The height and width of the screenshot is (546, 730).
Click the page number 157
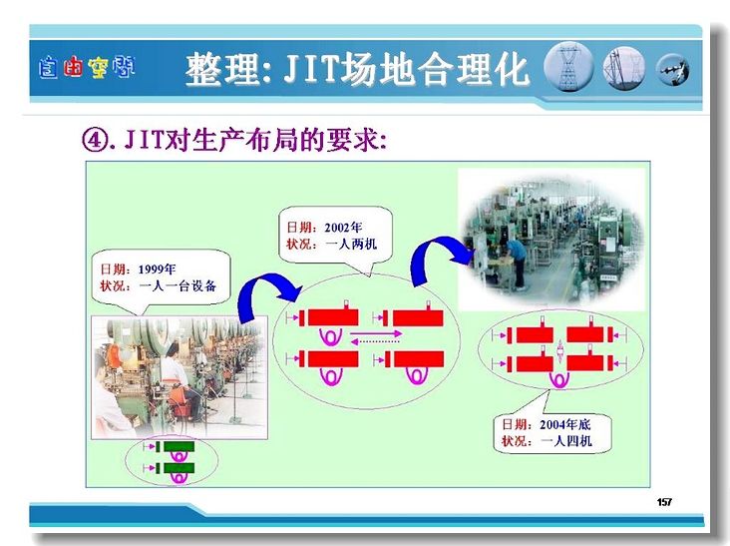(664, 502)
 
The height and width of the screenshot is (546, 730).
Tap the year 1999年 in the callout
(157, 270)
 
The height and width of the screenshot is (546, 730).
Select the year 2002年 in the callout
(343, 228)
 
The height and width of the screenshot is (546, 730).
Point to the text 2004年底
(564, 424)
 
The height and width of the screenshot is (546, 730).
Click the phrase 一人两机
(351, 244)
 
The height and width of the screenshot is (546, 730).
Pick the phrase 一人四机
(566, 441)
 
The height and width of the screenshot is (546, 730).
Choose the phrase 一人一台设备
(178, 285)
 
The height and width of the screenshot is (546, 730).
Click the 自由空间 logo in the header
(87, 68)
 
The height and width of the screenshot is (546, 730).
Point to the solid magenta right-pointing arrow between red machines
(376, 333)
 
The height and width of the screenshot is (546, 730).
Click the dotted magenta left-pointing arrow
(376, 341)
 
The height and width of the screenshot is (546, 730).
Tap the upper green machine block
(179, 447)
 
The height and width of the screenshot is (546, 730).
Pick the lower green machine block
(179, 468)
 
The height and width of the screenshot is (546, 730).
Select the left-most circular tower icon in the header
(568, 67)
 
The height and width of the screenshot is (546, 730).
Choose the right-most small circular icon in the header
(673, 70)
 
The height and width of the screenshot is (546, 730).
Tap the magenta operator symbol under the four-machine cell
(559, 379)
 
